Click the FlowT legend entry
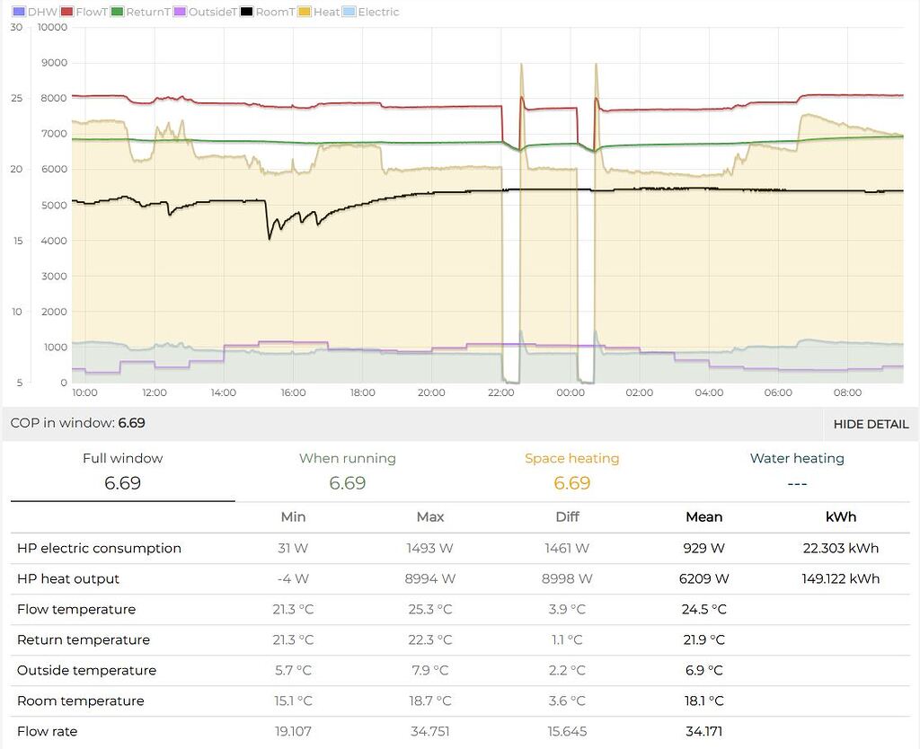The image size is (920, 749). click(86, 12)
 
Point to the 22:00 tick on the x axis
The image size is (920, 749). click(500, 392)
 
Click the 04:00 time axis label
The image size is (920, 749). click(709, 392)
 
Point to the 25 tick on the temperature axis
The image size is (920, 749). click(16, 98)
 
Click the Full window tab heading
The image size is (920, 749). click(122, 458)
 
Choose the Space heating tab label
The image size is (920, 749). click(571, 458)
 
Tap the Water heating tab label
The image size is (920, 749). click(796, 458)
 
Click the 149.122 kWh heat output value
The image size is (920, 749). click(840, 578)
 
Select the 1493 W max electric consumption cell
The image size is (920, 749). click(429, 548)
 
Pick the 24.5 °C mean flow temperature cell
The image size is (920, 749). click(703, 609)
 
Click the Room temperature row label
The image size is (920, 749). click(80, 701)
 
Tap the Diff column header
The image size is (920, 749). click(567, 516)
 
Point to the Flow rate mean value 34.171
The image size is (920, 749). click(703, 731)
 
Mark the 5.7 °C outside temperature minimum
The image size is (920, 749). click(293, 670)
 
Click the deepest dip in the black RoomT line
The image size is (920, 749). click(270, 238)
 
